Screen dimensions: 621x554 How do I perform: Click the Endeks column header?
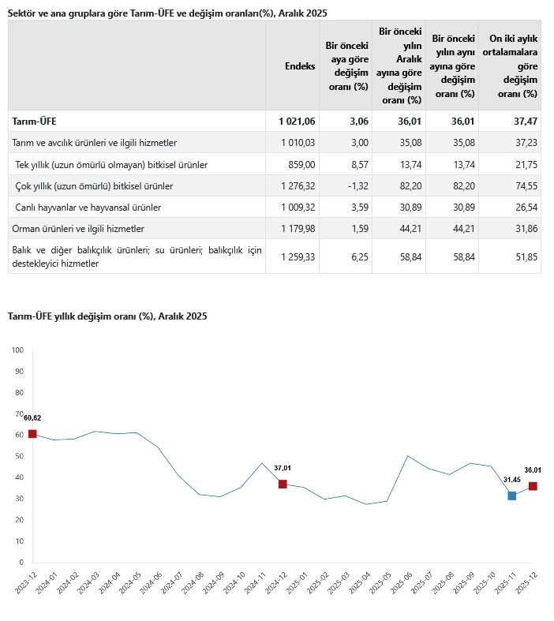300,66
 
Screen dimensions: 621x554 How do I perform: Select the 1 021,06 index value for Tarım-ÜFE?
297,121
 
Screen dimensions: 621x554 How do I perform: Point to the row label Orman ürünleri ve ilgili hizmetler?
78,228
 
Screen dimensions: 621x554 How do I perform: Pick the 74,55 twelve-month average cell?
523,185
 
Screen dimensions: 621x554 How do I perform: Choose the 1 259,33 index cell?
298,256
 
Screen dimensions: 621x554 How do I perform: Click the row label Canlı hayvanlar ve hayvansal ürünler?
88,207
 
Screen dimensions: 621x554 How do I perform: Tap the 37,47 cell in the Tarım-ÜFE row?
523,121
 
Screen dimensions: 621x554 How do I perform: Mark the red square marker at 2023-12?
32,434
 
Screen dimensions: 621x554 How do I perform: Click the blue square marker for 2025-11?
512,496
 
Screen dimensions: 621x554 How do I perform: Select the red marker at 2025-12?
533,486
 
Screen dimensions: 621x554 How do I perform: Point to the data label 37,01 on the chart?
283,468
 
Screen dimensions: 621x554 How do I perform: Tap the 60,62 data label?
32,418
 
